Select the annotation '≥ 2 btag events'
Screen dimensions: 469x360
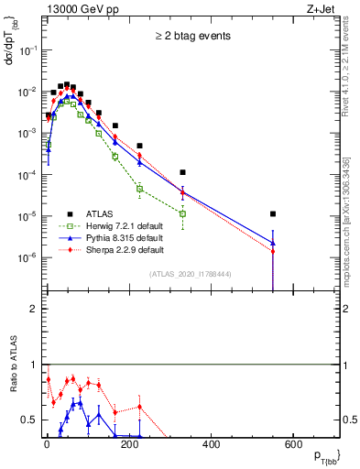coord(191,37)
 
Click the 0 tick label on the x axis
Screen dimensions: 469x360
coord(46,445)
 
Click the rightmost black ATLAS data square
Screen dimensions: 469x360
coord(272,213)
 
